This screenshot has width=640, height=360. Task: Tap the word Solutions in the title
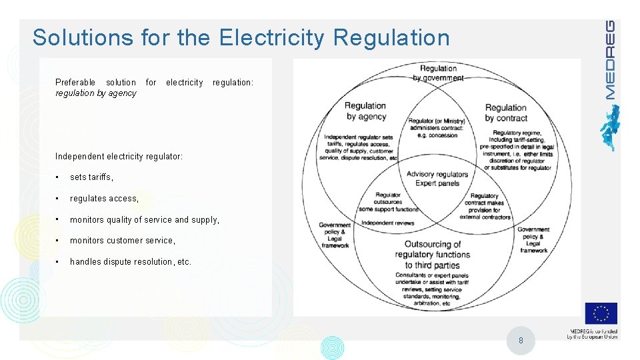83,37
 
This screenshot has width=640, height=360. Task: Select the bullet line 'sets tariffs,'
92,177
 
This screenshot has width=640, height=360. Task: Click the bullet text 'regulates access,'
104,198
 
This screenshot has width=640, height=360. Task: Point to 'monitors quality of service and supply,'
144,219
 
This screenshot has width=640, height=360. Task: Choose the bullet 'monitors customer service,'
123,240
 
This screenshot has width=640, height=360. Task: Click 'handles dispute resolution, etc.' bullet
131,261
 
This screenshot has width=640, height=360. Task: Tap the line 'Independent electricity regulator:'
119,156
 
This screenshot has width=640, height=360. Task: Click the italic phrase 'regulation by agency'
96,93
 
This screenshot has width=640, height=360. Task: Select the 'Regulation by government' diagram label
438,73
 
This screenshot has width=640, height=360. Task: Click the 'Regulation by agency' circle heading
365,111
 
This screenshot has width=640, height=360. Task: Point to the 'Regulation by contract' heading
506,113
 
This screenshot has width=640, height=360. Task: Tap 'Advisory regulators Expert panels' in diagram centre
437,179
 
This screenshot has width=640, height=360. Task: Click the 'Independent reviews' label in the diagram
387,223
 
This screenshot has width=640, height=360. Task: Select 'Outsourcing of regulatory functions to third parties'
432,255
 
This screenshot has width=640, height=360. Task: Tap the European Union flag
601,313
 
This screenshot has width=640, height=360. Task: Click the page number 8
521,341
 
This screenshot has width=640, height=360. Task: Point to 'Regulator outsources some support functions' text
389,202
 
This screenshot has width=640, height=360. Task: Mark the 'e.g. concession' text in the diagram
437,135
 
